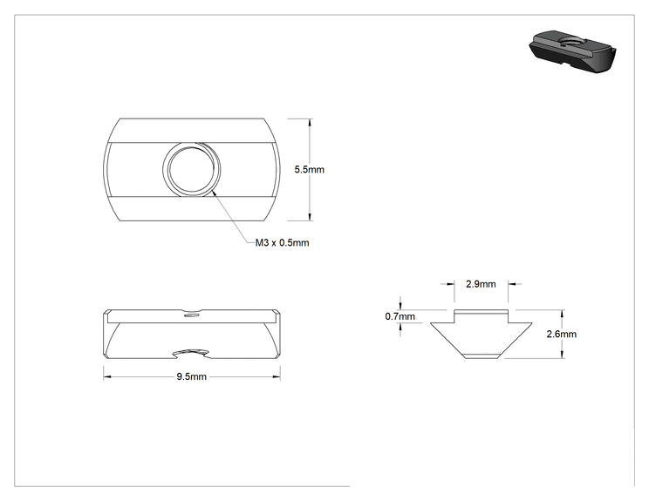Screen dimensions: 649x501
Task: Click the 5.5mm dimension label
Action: pos(309,170)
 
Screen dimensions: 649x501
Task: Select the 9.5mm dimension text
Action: pos(191,376)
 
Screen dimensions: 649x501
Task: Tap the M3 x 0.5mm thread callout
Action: pos(282,242)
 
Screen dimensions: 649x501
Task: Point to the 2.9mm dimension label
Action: pos(481,284)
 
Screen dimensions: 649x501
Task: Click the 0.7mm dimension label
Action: pos(400,316)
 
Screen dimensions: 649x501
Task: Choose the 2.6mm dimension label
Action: pos(561,334)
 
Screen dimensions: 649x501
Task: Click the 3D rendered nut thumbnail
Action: pos(572,51)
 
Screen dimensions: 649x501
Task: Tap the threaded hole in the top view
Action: pos(192,169)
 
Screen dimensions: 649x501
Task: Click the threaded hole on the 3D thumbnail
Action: pos(566,41)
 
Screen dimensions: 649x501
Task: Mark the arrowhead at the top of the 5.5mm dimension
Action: pos(310,123)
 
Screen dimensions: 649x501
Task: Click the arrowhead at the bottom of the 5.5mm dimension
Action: pos(310,217)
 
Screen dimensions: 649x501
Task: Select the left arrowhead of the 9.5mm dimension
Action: pos(107,376)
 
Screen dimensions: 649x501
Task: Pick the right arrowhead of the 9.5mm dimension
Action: pos(276,376)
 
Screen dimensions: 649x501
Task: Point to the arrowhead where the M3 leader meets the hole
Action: pos(214,191)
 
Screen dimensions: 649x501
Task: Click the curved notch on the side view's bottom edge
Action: pos(190,354)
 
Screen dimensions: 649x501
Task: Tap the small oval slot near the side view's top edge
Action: pos(191,315)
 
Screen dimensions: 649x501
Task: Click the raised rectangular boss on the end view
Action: pos(482,316)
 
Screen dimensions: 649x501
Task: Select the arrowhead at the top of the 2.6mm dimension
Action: pos(562,314)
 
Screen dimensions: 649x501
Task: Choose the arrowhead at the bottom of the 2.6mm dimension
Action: pos(562,354)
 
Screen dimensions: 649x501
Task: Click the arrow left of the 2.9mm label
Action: pos(447,284)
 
